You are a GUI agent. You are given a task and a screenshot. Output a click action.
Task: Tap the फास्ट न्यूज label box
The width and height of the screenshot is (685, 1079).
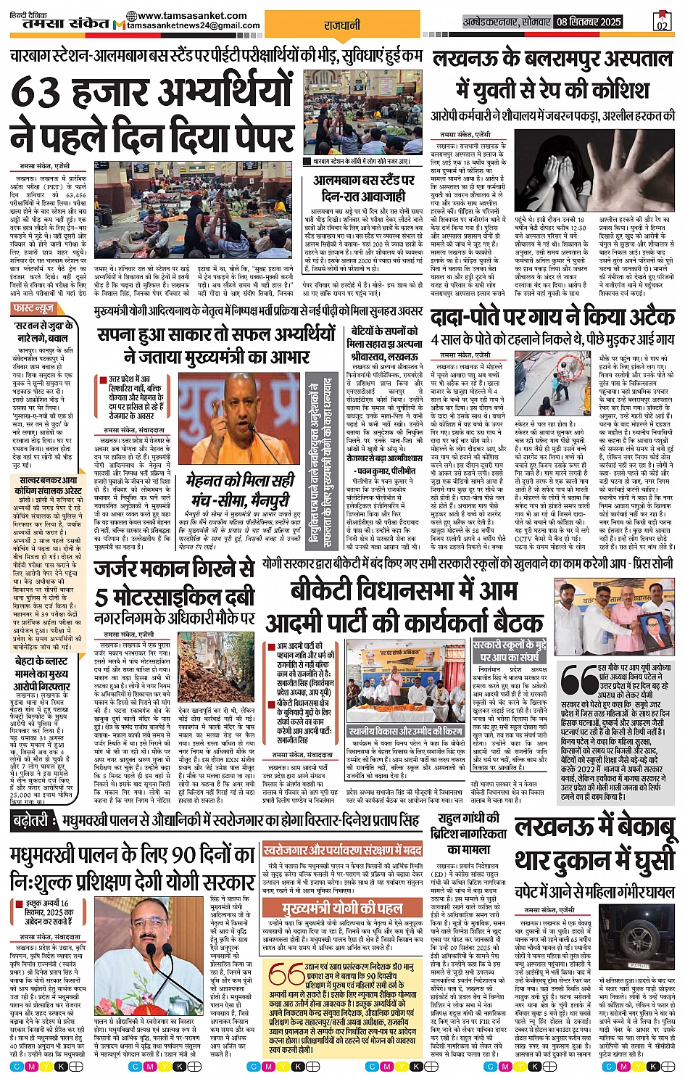[x=33, y=309]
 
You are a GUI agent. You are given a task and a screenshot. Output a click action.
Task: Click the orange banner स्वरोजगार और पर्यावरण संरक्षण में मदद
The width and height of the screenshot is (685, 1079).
[x=343, y=850]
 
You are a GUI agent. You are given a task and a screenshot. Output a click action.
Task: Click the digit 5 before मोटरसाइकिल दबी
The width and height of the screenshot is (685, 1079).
[x=101, y=597]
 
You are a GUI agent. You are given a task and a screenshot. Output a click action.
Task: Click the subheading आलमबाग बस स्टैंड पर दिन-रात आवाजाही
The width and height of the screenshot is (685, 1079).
[x=363, y=187]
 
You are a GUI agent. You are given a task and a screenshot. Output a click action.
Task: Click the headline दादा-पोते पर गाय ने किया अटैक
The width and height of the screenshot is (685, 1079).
[x=552, y=317]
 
